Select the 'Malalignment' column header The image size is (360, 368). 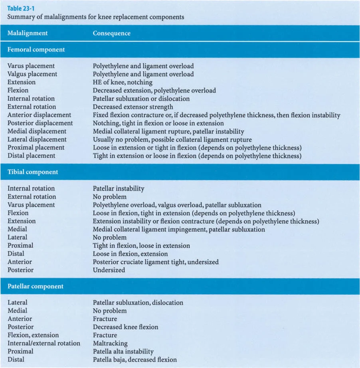[28, 33]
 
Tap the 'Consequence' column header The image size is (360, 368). [111, 33]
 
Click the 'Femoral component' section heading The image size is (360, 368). [36, 50]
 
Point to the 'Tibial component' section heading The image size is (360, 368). [33, 172]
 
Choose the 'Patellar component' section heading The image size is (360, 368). [35, 286]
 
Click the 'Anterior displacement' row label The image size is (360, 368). [39, 115]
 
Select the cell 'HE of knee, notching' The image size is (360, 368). [123, 82]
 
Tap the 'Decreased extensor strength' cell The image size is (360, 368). [133, 107]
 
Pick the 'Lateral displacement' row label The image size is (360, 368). [37, 140]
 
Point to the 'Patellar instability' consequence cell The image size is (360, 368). [119, 188]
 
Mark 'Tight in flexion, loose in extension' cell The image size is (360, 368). [141, 246]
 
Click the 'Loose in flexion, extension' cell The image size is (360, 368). [130, 254]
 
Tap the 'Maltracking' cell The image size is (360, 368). [110, 343]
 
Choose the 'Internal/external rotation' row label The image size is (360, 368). [44, 343]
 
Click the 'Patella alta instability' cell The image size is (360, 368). [123, 351]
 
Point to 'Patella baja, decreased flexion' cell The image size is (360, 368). [135, 360]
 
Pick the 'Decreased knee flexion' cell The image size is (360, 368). [125, 327]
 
